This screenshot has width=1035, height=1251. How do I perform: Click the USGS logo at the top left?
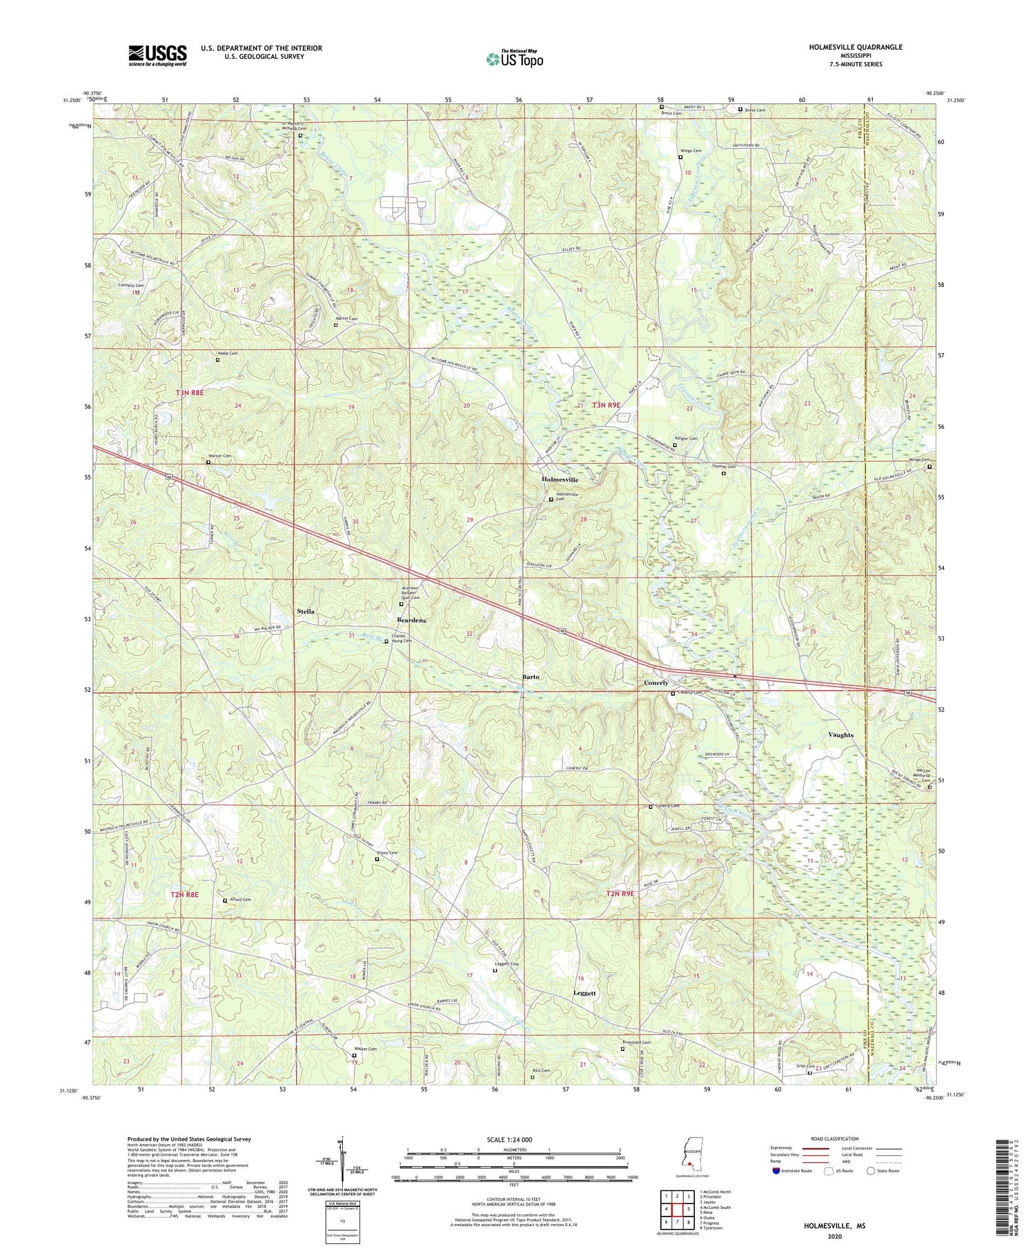click(157, 55)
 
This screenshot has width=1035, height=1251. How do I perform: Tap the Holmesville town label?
click(560, 479)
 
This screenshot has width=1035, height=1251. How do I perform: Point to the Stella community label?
click(305, 611)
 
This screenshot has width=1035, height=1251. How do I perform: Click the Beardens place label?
click(411, 620)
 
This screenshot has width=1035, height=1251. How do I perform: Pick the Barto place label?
click(530, 677)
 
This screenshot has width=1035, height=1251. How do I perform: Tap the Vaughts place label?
click(840, 735)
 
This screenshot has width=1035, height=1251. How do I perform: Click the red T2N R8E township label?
click(184, 894)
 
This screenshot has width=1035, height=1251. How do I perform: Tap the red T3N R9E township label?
click(613, 406)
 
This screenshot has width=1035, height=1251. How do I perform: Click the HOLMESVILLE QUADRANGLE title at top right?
click(856, 47)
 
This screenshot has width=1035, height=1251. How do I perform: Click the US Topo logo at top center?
click(513, 59)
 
